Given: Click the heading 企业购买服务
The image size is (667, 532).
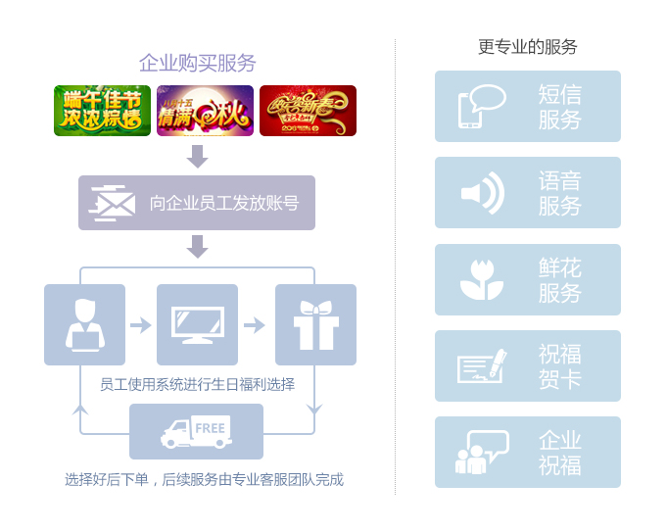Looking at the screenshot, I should [198, 63].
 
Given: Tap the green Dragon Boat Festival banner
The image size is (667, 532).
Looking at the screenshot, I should [102, 111].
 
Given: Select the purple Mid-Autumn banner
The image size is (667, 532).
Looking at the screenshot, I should [205, 111].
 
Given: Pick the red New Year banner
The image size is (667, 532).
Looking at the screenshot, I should [308, 111].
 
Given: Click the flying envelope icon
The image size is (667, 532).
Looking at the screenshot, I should [112, 202].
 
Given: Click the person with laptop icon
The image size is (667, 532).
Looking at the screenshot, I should [84, 324].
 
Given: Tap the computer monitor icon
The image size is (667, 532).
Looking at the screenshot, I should [197, 324].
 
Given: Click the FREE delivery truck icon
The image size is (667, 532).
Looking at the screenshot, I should [196, 432].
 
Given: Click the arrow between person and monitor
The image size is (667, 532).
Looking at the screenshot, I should [141, 324].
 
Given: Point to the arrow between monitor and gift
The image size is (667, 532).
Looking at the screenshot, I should [255, 324].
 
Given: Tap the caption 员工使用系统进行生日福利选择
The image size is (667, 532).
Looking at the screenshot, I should [197, 384].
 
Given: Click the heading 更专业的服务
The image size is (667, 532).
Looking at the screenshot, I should [528, 46].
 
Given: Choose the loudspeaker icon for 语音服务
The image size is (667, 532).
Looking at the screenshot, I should [482, 193].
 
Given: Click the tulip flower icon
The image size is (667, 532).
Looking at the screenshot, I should [482, 280].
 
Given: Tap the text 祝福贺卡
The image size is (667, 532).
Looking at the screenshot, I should [559, 365].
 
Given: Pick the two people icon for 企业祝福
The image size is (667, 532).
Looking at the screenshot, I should [481, 453].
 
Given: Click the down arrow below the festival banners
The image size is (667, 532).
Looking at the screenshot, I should [198, 156].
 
